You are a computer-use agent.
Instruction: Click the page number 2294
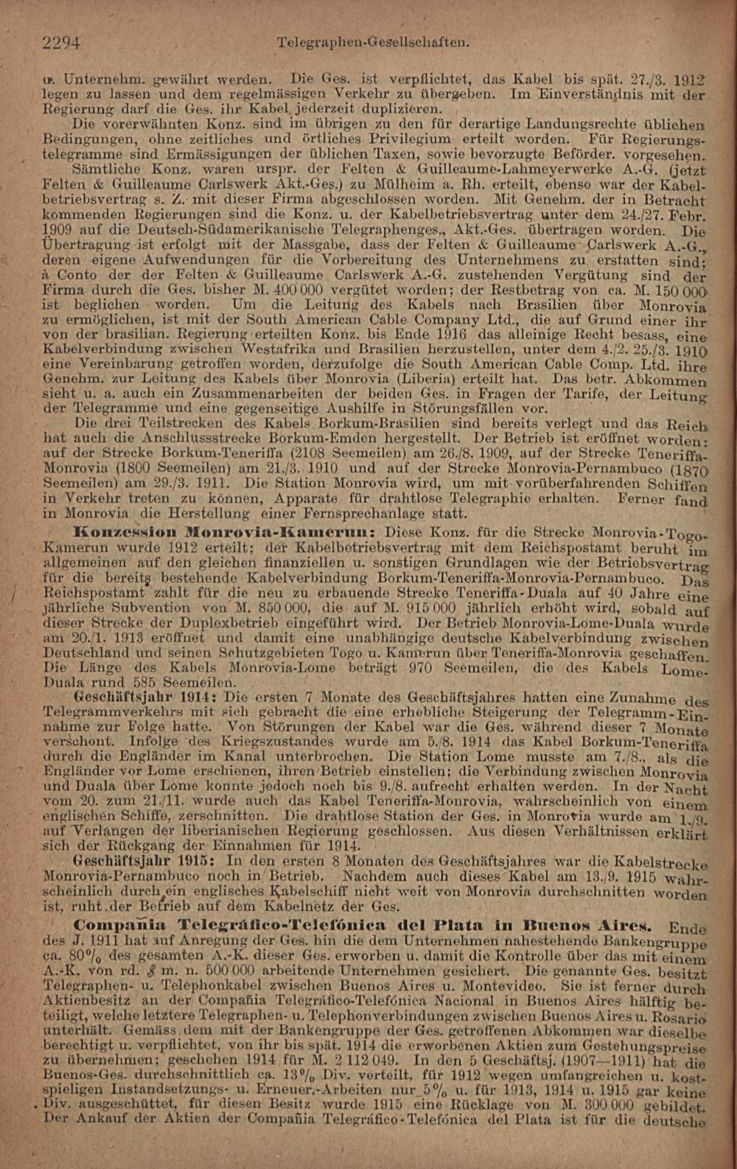[62, 43]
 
